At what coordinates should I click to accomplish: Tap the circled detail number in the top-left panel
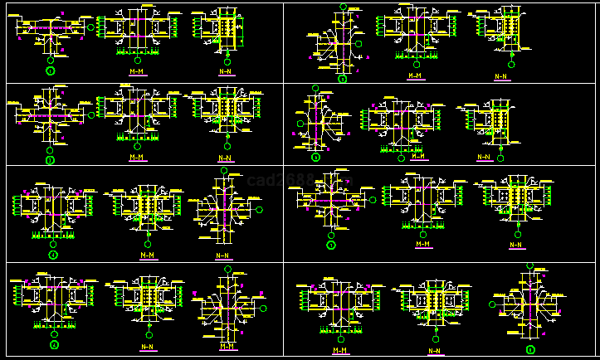(x=50, y=72)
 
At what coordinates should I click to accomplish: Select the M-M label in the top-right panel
(x=415, y=75)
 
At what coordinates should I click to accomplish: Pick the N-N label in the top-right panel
(x=500, y=76)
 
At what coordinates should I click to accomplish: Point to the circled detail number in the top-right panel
(x=342, y=79)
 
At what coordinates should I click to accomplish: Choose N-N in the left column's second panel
(x=225, y=158)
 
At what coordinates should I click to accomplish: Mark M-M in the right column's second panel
(x=419, y=156)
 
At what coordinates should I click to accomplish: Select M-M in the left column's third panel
(x=148, y=255)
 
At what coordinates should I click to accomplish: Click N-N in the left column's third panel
(x=224, y=255)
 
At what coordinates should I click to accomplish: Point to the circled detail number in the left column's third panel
(x=53, y=255)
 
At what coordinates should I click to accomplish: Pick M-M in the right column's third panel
(x=423, y=244)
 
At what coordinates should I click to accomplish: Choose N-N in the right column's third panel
(x=516, y=245)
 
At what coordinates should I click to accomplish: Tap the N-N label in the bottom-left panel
(x=147, y=347)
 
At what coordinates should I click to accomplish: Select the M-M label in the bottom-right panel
(x=340, y=350)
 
